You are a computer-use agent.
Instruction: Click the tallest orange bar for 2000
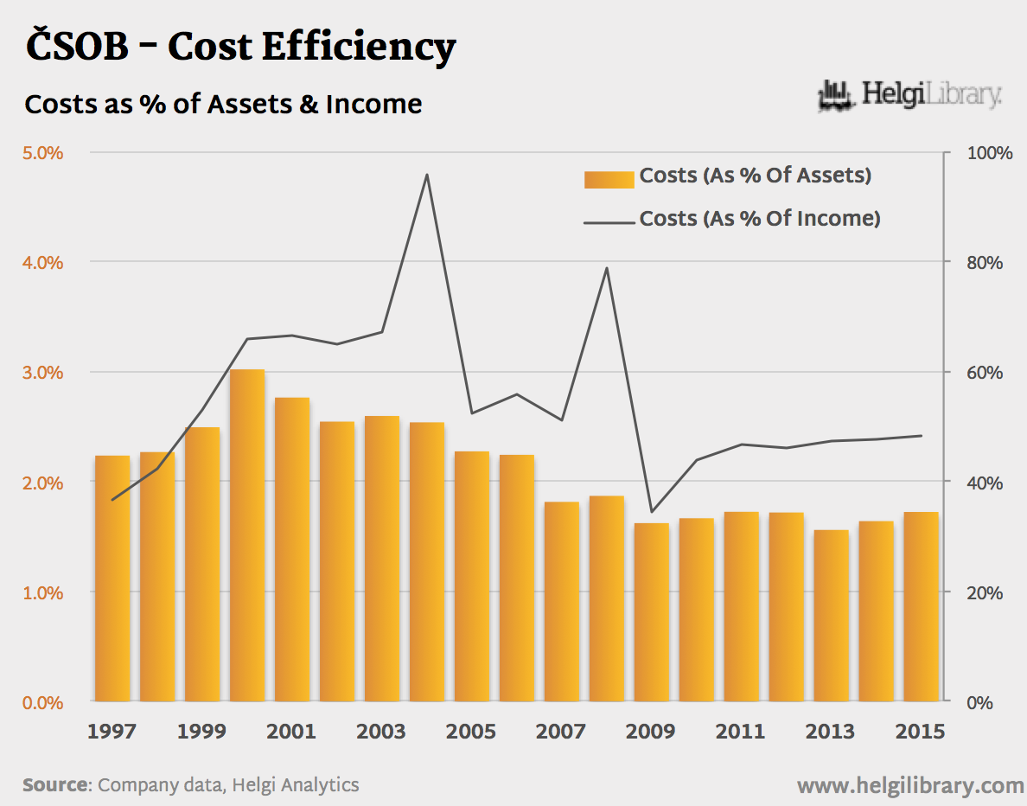pyautogui.click(x=247, y=535)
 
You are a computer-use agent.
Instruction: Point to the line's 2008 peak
pyautogui.click(x=607, y=268)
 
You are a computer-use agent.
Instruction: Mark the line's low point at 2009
pyautogui.click(x=652, y=512)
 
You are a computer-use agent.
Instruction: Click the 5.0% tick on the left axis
pyautogui.click(x=42, y=153)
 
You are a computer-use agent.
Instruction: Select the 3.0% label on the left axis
pyautogui.click(x=42, y=373)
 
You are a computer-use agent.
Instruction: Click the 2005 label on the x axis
pyautogui.click(x=471, y=732)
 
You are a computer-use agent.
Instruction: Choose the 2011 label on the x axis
pyautogui.click(x=741, y=732)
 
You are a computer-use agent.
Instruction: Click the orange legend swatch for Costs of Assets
pyautogui.click(x=609, y=179)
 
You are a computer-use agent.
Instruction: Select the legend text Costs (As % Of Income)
pyautogui.click(x=760, y=219)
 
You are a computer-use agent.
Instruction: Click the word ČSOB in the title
pyautogui.click(x=77, y=47)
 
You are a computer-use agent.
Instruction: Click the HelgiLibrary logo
pyautogui.click(x=909, y=94)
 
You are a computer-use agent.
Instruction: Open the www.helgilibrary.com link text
pyautogui.click(x=909, y=785)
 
